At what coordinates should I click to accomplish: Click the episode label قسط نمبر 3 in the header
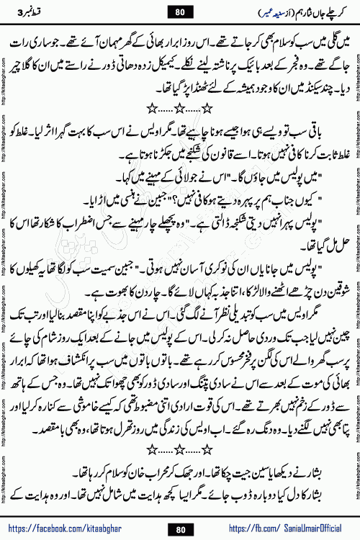[31, 11]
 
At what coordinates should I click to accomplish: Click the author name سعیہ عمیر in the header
[252, 11]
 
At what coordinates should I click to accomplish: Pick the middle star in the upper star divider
[179, 109]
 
